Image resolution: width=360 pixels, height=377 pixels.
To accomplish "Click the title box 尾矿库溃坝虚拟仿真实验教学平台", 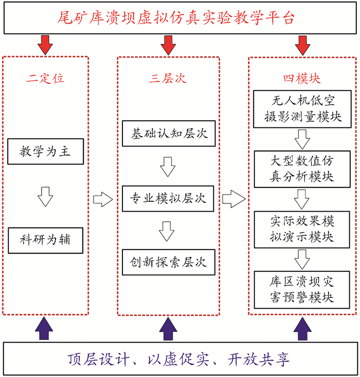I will [179, 18].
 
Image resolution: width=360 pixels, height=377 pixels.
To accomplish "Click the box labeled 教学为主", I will [45, 152].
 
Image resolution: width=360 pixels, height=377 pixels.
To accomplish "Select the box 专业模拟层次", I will [168, 198].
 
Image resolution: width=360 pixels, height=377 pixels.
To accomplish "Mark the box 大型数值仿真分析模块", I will [302, 168].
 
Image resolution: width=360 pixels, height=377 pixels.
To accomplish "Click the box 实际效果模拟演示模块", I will [302, 229].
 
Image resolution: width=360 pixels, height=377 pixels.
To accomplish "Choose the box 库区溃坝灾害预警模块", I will [302, 289].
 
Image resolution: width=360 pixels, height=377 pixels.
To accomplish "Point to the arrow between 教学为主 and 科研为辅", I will [45, 196].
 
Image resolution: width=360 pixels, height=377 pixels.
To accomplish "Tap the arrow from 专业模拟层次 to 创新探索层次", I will [168, 230].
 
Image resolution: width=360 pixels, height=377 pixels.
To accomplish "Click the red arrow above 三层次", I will [168, 45].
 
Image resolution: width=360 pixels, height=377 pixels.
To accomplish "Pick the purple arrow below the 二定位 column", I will [45, 329].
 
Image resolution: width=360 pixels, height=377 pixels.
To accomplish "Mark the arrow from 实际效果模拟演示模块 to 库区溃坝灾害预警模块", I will [302, 259].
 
